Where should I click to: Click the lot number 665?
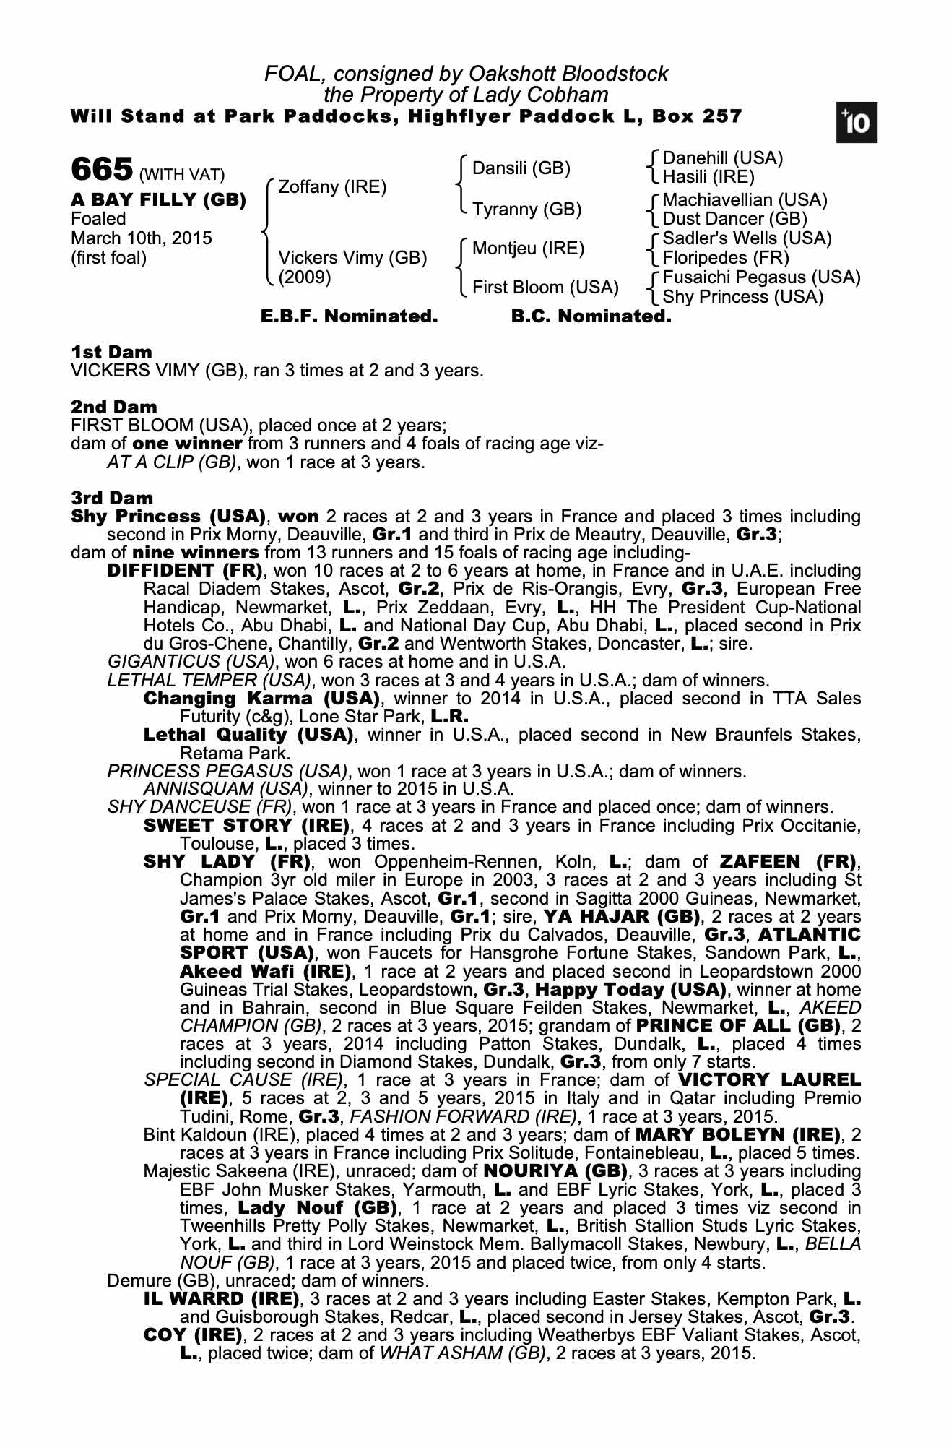click(102, 170)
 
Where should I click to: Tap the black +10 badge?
click(856, 123)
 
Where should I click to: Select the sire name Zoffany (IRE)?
click(332, 187)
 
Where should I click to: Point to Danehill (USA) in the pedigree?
click(722, 158)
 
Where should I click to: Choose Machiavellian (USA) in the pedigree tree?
click(745, 199)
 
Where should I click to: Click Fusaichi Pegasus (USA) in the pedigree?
click(761, 277)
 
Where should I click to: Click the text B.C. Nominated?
click(591, 316)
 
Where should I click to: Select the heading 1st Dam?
click(111, 353)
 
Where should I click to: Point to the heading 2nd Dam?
click(113, 407)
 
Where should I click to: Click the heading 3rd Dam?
click(112, 498)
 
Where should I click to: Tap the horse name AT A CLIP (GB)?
click(171, 462)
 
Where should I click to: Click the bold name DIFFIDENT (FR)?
click(184, 571)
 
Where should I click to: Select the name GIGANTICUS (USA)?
click(191, 662)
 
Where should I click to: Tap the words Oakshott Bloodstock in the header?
click(568, 74)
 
